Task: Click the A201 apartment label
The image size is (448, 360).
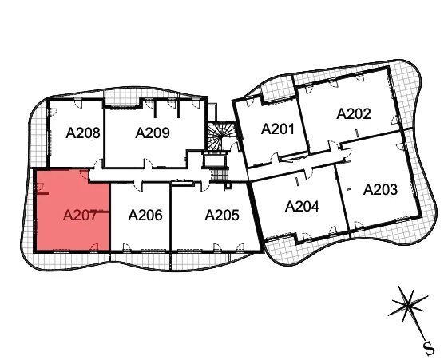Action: coord(278,129)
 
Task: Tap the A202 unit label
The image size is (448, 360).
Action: coord(354,113)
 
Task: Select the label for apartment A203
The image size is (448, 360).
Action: coord(380,189)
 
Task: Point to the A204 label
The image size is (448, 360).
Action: coord(302,206)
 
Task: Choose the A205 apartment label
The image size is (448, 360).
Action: coord(222,215)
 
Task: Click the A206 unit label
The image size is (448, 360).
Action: coord(145,215)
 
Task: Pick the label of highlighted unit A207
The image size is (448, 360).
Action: coord(80,215)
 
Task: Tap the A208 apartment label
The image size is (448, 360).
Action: coord(83,133)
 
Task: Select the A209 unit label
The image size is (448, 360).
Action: coord(153,133)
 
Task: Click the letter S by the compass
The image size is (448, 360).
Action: coord(429,348)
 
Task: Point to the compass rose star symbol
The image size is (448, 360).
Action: coord(409,306)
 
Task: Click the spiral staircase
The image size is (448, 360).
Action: coord(220,136)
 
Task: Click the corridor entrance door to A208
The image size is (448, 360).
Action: coord(98,163)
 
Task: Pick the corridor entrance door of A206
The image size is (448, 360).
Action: coord(138,187)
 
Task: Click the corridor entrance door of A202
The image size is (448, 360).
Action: coord(333,145)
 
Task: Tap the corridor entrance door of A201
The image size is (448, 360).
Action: coord(275,158)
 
